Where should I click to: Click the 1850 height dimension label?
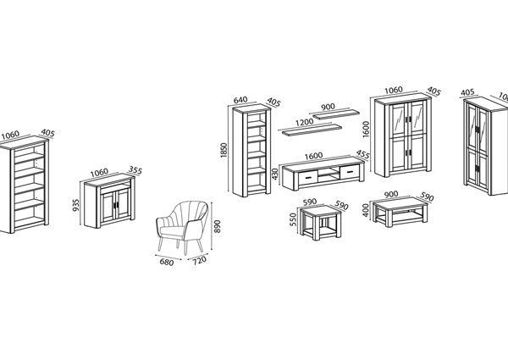(224, 150)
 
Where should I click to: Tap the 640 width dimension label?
(240, 100)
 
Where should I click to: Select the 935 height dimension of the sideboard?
(76, 205)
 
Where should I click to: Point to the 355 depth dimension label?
(135, 169)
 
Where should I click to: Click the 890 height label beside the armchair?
(218, 226)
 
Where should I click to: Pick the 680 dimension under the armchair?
(167, 262)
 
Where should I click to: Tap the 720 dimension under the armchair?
(199, 261)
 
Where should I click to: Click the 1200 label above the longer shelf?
(304, 122)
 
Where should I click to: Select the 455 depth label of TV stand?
(362, 154)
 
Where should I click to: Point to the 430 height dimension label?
(275, 174)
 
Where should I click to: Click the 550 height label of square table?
(293, 219)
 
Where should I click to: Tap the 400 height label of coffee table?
(366, 210)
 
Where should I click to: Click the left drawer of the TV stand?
(307, 178)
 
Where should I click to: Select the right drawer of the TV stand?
(350, 172)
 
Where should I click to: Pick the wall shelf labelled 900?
(337, 114)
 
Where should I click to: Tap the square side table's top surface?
(320, 210)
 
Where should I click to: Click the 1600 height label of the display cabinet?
(366, 129)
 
